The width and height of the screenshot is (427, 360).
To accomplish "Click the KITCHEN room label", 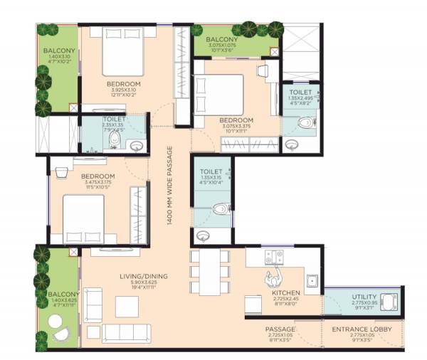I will [x=285, y=292].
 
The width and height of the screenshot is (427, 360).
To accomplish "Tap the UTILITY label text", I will [x=364, y=297].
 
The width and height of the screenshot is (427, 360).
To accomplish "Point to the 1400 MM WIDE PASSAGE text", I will [x=170, y=185].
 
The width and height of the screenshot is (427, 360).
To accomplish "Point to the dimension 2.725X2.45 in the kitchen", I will [x=285, y=300].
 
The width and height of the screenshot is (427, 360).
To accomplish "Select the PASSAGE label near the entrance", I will [x=280, y=329].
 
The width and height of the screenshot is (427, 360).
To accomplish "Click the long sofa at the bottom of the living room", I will [x=126, y=333].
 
